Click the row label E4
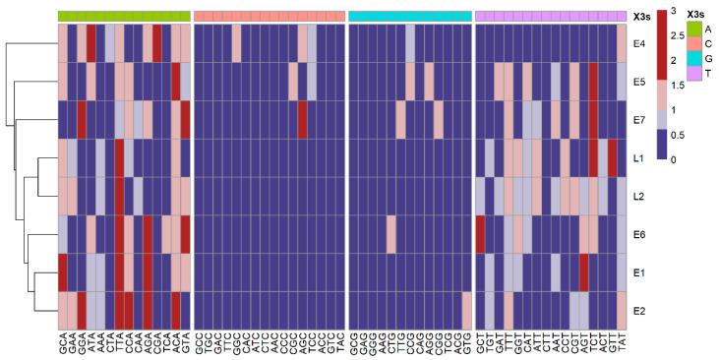[x=638, y=44]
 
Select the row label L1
[x=638, y=157]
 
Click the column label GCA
[x=63, y=341]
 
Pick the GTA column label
[x=186, y=341]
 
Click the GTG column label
[x=467, y=341]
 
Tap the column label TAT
[x=622, y=341]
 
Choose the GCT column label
[x=480, y=341]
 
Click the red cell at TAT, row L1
[x=613, y=157]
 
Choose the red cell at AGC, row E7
[x=303, y=120]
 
